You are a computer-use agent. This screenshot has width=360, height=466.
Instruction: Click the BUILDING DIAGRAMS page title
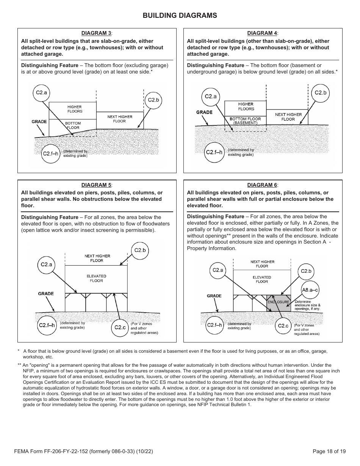pyautogui.click(x=180, y=16)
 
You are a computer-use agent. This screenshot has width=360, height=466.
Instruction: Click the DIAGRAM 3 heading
pyautogui.click(x=97, y=33)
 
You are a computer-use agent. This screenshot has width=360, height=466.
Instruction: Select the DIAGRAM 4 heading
pyautogui.click(x=263, y=33)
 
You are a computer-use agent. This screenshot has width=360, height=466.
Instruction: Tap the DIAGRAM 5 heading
pyautogui.click(x=97, y=185)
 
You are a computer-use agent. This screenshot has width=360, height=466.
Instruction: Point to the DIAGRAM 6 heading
pyautogui.click(x=263, y=185)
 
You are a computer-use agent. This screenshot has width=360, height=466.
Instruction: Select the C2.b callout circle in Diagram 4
pyautogui.click(x=320, y=92)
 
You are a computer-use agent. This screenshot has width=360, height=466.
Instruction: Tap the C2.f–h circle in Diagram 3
pyautogui.click(x=51, y=153)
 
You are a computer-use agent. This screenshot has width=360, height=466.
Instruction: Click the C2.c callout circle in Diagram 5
pyautogui.click(x=120, y=327)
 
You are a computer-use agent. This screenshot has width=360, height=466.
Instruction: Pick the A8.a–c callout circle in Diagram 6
pyautogui.click(x=310, y=290)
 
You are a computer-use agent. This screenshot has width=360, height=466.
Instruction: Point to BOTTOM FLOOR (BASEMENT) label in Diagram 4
pyautogui.click(x=246, y=121)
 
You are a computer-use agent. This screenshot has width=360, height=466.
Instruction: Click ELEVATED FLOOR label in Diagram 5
pyautogui.click(x=96, y=278)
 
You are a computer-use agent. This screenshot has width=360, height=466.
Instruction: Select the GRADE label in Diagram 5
pyautogui.click(x=46, y=294)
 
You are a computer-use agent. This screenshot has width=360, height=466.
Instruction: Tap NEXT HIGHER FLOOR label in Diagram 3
pyautogui.click(x=120, y=119)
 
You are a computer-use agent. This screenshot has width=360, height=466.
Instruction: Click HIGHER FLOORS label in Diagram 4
pyautogui.click(x=246, y=106)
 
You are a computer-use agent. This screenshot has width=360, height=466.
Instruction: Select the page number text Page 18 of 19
pyautogui.click(x=329, y=451)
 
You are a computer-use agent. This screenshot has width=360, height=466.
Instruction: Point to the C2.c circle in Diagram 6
pyautogui.click(x=283, y=325)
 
